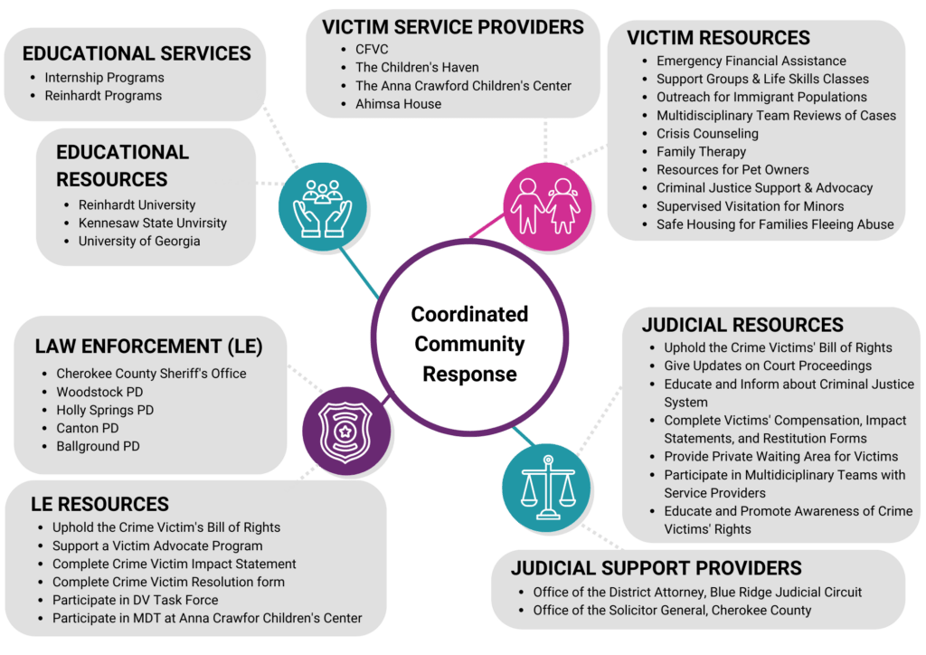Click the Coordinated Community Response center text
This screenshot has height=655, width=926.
point(469,344)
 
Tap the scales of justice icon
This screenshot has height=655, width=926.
point(546,487)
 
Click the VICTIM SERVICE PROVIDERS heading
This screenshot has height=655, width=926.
point(453,27)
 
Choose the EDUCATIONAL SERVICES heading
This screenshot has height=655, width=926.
point(137,53)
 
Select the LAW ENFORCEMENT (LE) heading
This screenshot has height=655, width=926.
point(148,346)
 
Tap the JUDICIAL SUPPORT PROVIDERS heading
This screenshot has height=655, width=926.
point(656,568)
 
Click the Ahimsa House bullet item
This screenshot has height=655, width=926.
point(398,104)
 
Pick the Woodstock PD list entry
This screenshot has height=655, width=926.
point(99,392)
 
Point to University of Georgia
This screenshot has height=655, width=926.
point(139,241)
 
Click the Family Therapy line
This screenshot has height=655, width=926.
point(701,152)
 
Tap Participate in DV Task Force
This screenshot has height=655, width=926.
point(135,600)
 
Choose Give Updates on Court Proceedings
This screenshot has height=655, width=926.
point(768,365)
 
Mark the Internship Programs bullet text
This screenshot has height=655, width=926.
point(104,77)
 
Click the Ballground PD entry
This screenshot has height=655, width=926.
point(98,446)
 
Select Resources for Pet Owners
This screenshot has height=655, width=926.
point(732,170)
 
